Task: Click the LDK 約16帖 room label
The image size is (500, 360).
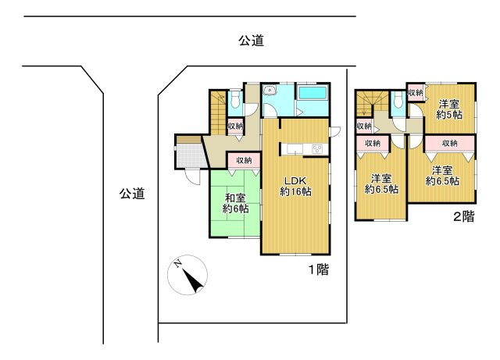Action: click(295, 186)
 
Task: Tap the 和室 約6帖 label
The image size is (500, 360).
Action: click(235, 203)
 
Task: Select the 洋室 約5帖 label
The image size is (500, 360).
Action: click(449, 109)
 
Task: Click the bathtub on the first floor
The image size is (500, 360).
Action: click(312, 94)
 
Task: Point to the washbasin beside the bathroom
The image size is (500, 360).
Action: click(270, 91)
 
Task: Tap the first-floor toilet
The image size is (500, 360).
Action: click(235, 99)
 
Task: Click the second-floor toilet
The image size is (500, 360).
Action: click(398, 100)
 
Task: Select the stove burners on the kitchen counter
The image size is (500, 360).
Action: click(317, 149)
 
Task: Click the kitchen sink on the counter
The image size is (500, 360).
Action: click(295, 148)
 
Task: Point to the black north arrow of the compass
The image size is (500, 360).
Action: click(193, 281)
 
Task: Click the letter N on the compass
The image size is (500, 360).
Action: click(177, 264)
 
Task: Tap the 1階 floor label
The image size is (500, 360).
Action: click(318, 269)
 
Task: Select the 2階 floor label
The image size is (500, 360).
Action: click(463, 217)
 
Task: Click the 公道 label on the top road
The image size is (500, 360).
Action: click(252, 41)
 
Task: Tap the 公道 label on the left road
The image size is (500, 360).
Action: click(132, 193)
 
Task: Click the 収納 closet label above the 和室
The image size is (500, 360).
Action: click(244, 160)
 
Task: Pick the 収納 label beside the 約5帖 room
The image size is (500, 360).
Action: click(416, 92)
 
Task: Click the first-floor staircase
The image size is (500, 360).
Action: click(218, 112)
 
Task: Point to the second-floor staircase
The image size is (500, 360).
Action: click(373, 103)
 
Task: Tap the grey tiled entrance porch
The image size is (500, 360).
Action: click(190, 155)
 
